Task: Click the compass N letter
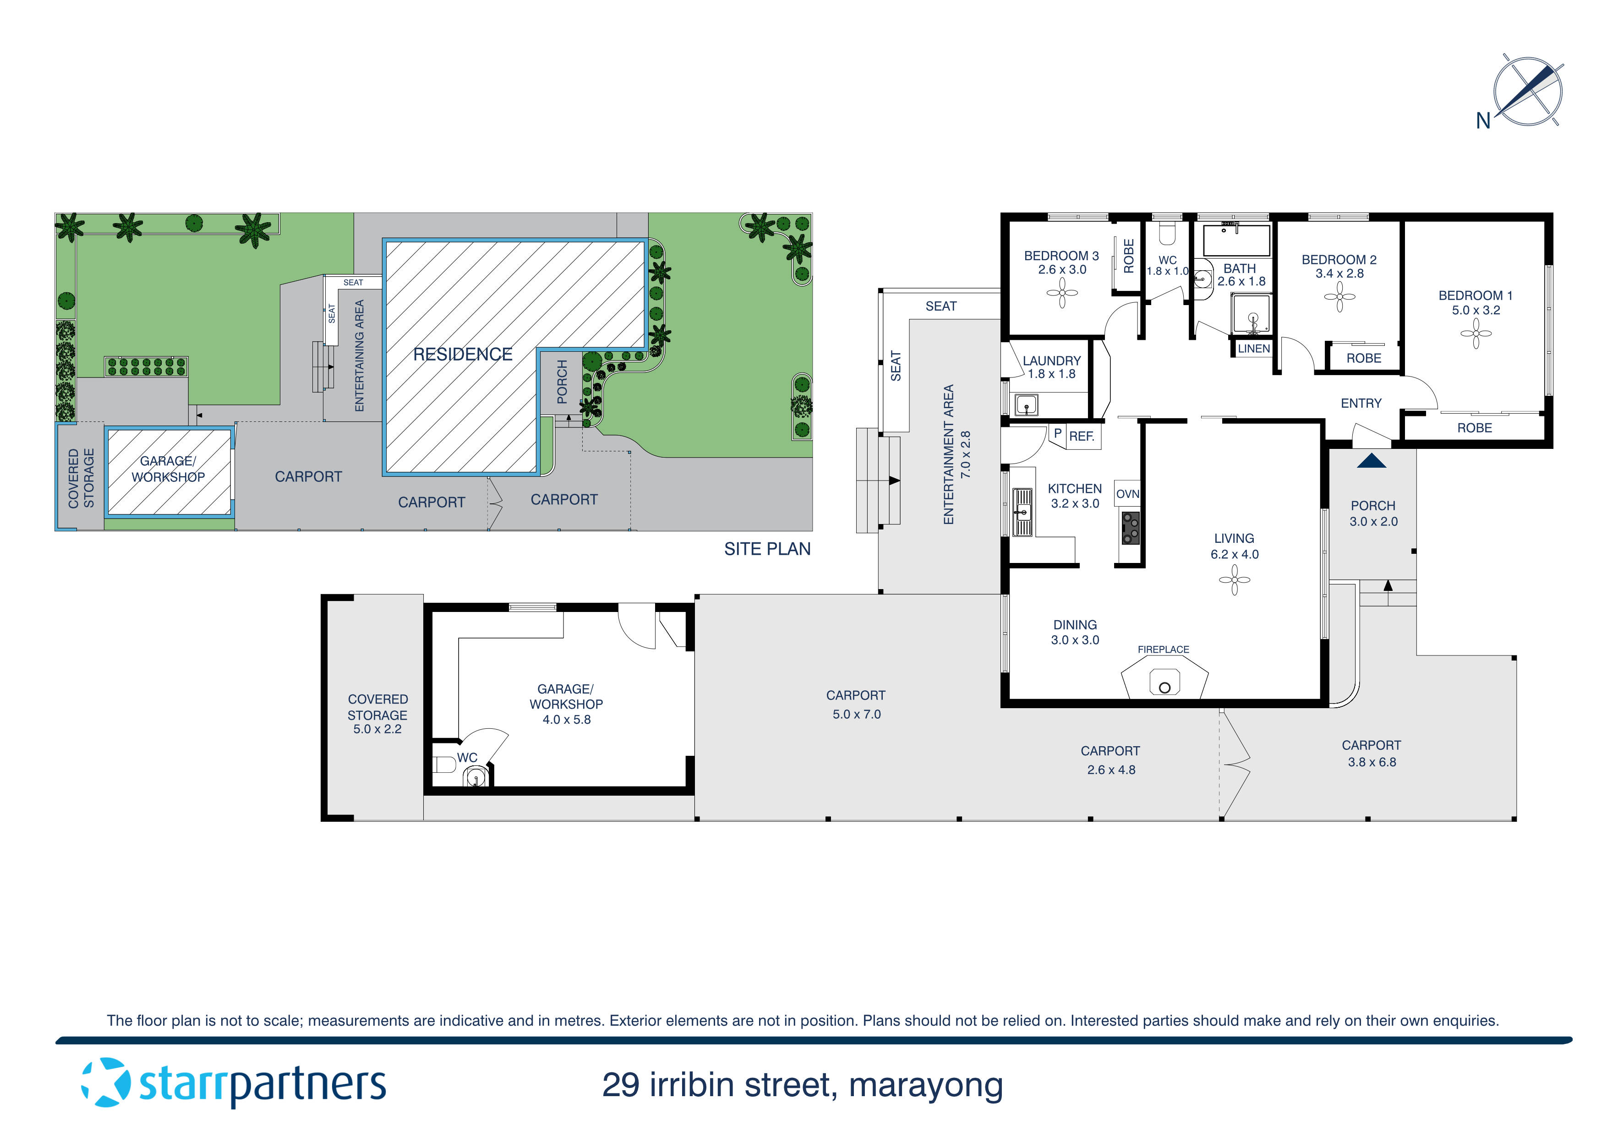(x=1482, y=121)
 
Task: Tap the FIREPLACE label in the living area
(x=1163, y=650)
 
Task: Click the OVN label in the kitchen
(x=1127, y=494)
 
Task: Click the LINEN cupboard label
(x=1253, y=349)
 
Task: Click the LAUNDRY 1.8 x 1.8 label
(x=1051, y=367)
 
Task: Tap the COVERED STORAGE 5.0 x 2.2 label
(x=377, y=714)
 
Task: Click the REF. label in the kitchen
(x=1082, y=436)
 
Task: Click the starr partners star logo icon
(x=106, y=1083)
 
